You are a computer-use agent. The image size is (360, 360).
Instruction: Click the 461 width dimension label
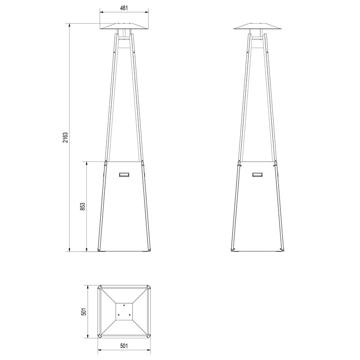point(124,8)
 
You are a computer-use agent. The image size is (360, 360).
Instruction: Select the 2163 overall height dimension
point(66,138)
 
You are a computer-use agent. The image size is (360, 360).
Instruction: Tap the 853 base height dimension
point(83,207)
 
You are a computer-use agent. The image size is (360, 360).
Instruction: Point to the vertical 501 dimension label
point(84,311)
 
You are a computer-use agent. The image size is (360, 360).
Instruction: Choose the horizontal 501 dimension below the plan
point(124,346)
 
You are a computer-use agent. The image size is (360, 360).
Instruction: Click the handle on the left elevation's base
point(124,175)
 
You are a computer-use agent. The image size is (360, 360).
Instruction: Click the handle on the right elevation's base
point(257,175)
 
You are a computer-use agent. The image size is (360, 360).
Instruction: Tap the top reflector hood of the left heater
point(124,26)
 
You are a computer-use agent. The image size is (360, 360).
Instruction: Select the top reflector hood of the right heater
point(257,26)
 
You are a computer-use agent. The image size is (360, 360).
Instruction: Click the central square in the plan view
point(124,311)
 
